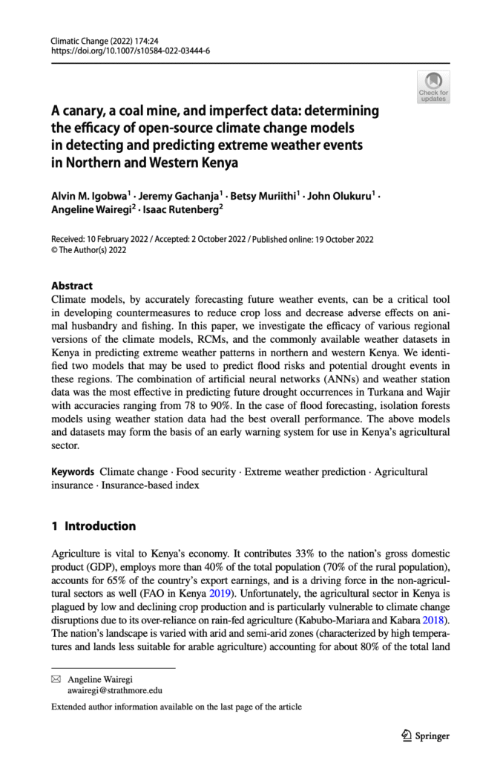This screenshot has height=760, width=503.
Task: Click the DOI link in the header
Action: point(130,50)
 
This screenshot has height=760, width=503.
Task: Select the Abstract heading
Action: point(71,285)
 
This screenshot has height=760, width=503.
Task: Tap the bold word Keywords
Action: point(72,471)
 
